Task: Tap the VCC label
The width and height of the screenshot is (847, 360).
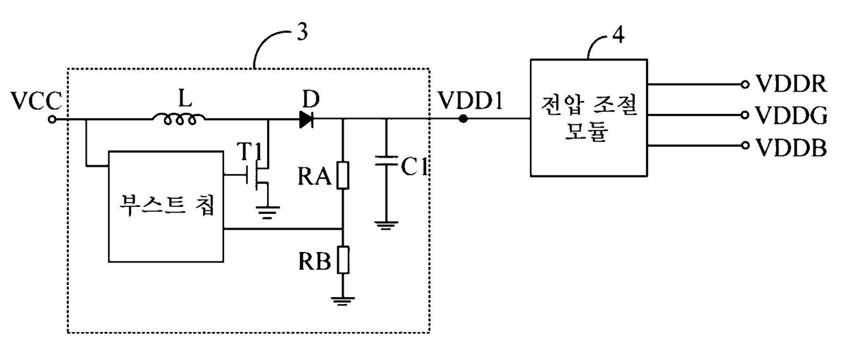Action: tap(36, 101)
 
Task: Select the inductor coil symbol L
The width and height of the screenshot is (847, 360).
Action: tap(180, 119)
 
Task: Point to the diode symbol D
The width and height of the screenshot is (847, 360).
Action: tap(306, 120)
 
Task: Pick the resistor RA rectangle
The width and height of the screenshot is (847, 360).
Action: tap(343, 175)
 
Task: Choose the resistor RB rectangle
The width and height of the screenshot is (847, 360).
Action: tap(343, 260)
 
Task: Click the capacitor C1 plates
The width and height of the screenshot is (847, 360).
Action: tap(386, 161)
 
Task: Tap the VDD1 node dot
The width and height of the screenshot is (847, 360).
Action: tap(463, 119)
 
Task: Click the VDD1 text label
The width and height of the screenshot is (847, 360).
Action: tap(471, 100)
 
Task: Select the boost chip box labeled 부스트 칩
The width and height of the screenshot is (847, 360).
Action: tap(166, 206)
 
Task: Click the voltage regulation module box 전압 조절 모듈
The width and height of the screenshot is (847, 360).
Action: tap(589, 117)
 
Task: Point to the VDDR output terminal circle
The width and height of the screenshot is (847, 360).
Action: tap(745, 85)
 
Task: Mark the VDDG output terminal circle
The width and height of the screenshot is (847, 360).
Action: tap(745, 115)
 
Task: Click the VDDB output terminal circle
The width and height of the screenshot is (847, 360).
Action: tap(745, 146)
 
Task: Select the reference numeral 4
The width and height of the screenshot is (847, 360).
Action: tap(618, 35)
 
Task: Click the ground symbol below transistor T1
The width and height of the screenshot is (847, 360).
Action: tap(268, 212)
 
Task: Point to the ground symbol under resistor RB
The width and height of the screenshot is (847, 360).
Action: tap(343, 301)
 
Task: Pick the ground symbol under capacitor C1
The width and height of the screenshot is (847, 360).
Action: tap(386, 225)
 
